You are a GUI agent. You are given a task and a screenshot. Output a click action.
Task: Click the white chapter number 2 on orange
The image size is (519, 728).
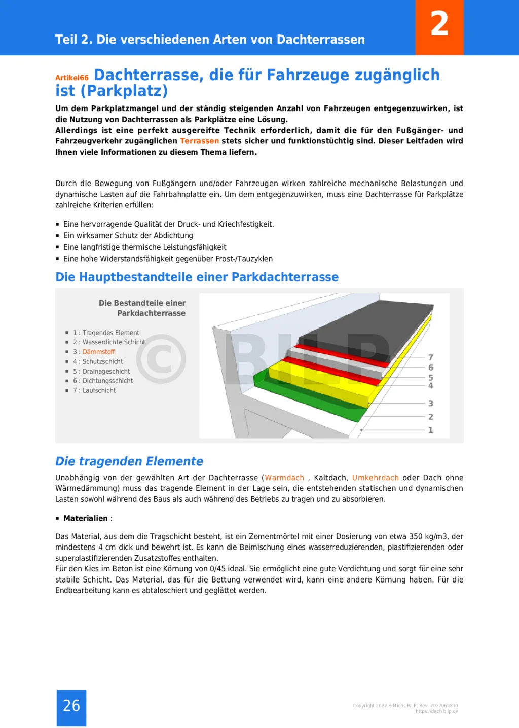(x=439, y=24)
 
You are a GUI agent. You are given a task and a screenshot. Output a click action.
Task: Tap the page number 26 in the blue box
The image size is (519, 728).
(x=71, y=705)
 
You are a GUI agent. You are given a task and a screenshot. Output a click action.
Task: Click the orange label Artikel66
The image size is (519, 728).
(x=72, y=78)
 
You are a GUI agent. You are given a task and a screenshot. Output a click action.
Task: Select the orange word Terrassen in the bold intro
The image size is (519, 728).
(x=200, y=141)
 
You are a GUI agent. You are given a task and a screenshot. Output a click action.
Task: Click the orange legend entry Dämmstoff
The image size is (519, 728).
(x=98, y=352)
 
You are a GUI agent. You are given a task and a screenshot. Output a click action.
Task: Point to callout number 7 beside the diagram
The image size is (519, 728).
(x=430, y=357)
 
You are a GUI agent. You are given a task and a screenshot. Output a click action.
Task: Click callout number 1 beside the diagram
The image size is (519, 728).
(x=430, y=430)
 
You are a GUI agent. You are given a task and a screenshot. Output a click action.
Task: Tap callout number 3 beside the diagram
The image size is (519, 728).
(x=430, y=404)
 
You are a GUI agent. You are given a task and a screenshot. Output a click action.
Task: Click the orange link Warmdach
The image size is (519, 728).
(x=284, y=478)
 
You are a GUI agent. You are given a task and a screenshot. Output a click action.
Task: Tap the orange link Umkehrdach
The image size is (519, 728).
(x=376, y=478)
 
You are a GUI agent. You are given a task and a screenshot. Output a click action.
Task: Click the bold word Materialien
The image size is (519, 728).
(x=86, y=518)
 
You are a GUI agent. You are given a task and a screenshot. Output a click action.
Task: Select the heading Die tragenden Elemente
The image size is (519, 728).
(x=129, y=461)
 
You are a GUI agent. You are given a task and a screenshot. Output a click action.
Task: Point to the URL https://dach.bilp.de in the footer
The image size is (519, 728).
(x=436, y=711)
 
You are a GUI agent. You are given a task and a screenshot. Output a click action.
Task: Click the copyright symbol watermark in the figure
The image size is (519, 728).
(x=161, y=358)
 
